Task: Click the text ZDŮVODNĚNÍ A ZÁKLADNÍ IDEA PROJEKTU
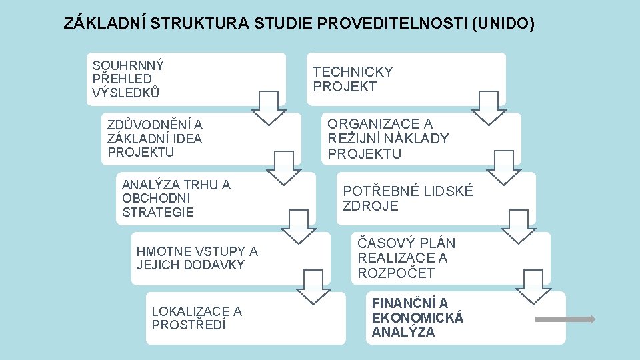[x=155, y=139]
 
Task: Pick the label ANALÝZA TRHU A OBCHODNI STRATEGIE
[x=176, y=198]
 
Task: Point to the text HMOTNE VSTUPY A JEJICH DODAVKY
[x=197, y=258]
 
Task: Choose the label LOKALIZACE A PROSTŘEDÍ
[x=197, y=318]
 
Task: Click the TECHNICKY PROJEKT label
[x=353, y=79]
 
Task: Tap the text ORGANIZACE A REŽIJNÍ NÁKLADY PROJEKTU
[x=388, y=139]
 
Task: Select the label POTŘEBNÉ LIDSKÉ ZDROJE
[x=407, y=198]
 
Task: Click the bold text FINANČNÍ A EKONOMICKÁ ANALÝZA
[x=417, y=318]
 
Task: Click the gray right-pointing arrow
[x=565, y=319]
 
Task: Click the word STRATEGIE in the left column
[x=158, y=212]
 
